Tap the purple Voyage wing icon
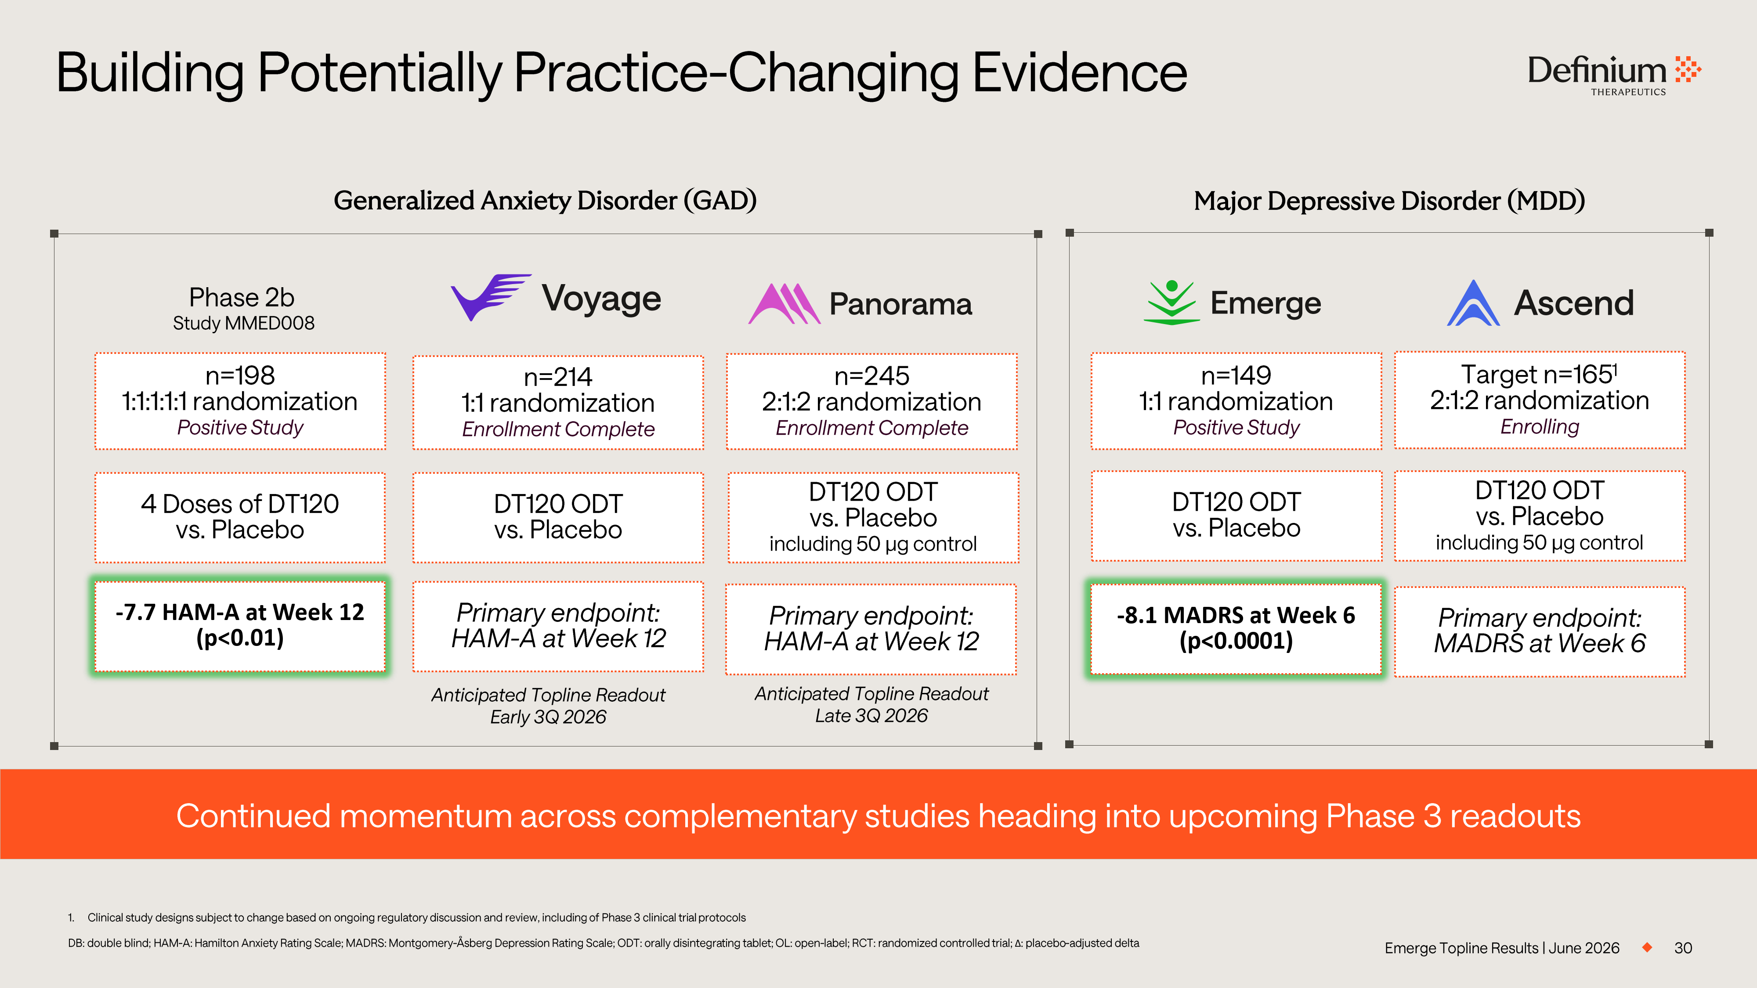(490, 296)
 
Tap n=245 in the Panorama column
(871, 376)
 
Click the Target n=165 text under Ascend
(1539, 374)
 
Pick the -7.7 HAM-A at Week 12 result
(240, 612)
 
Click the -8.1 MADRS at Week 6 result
(1236, 615)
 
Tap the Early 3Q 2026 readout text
(548, 717)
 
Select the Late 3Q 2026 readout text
(871, 715)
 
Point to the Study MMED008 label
(243, 323)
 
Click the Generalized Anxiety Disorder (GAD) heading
(545, 201)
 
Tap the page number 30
(1683, 948)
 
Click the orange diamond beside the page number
(1647, 947)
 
